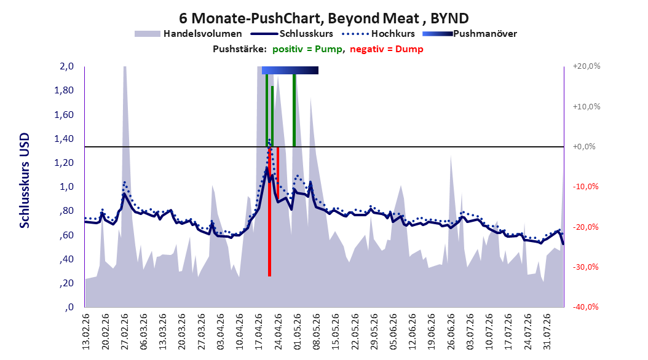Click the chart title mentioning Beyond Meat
tap(323, 18)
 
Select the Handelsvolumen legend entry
tap(188, 34)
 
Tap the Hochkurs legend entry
tap(378, 34)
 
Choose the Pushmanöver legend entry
tap(470, 34)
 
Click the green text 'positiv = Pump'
tap(307, 49)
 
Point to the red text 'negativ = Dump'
tap(387, 49)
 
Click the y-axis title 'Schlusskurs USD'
tap(25, 180)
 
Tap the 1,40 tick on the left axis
tap(64, 139)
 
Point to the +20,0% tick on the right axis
tap(587, 66)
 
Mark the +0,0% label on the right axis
tap(584, 147)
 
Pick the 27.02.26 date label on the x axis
tap(124, 332)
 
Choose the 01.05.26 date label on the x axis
tap(297, 332)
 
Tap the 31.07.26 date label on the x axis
tap(547, 332)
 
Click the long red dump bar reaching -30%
tap(269, 211)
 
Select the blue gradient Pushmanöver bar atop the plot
tap(290, 70)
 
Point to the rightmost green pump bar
tap(294, 110)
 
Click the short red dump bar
tap(278, 173)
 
